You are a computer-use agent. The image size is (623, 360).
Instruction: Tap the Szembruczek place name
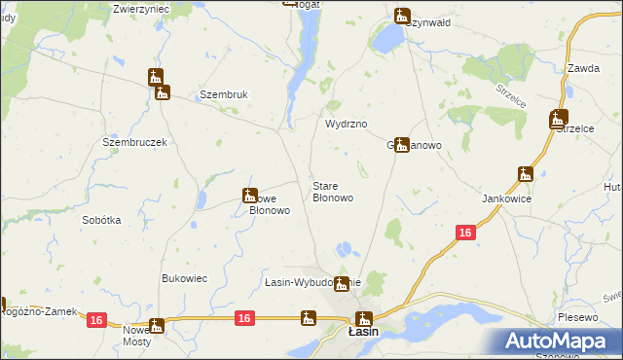click(135, 141)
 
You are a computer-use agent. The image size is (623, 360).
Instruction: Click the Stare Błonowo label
click(332, 192)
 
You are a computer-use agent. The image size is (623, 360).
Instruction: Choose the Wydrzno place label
click(345, 125)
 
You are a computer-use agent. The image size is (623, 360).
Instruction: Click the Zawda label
click(582, 68)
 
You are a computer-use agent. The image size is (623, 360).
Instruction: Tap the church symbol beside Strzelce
click(558, 120)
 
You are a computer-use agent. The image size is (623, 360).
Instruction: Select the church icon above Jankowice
click(526, 175)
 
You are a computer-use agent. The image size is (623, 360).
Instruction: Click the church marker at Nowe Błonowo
click(250, 196)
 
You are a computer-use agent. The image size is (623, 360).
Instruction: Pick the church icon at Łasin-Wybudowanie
click(341, 284)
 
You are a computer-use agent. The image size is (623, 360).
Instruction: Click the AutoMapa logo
click(559, 341)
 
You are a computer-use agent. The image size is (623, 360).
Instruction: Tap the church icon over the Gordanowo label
click(401, 144)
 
